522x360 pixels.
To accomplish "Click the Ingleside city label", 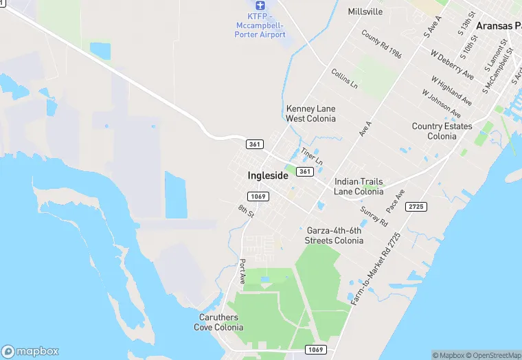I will pyautogui.click(x=268, y=175).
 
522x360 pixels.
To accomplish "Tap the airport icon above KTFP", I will pyautogui.click(x=260, y=5).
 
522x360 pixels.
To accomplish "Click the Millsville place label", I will pyautogui.click(x=365, y=12).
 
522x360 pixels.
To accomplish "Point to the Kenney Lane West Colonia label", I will pyautogui.click(x=311, y=113).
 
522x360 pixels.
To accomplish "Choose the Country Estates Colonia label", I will pyautogui.click(x=442, y=131).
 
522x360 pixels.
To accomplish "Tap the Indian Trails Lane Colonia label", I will pyautogui.click(x=359, y=186).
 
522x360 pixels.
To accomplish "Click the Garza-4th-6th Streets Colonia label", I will pyautogui.click(x=334, y=236).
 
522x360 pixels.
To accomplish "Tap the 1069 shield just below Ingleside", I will pyautogui.click(x=258, y=196).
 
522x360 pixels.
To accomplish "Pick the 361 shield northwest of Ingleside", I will pyautogui.click(x=254, y=144).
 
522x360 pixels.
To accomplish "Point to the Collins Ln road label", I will pyautogui.click(x=344, y=79).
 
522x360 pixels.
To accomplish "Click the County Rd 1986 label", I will pyautogui.click(x=382, y=44).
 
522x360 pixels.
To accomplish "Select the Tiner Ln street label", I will pyautogui.click(x=312, y=156).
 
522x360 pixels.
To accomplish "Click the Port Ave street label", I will pyautogui.click(x=242, y=272).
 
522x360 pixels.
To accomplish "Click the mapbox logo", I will pyautogui.click(x=30, y=350).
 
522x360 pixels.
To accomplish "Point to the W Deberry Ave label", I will pyautogui.click(x=452, y=64).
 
